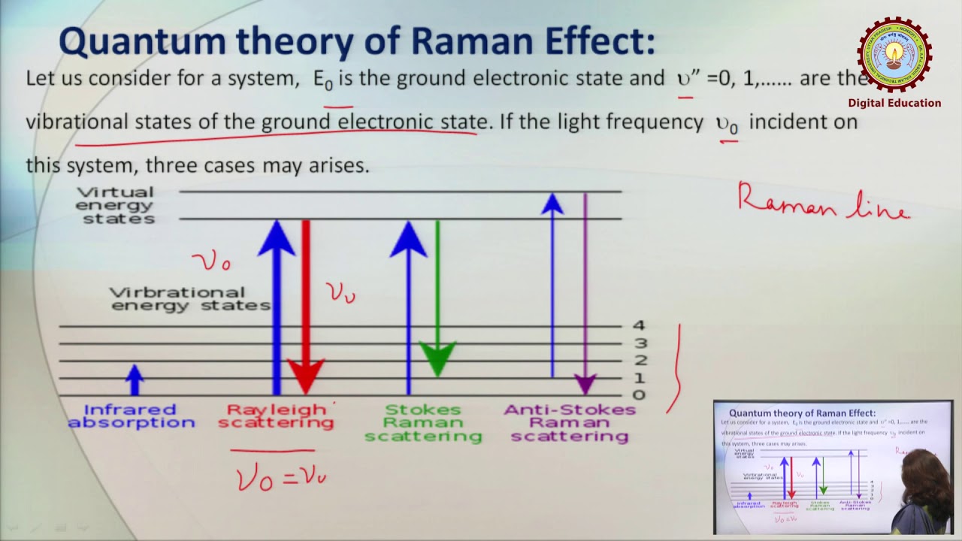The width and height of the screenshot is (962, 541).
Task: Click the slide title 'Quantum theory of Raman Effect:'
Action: (356, 42)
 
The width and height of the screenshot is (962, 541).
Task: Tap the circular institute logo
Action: (894, 54)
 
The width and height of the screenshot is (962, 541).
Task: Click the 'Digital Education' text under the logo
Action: (894, 103)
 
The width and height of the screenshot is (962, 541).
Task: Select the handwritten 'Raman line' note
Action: (823, 201)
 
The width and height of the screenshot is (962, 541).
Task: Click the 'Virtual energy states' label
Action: (116, 205)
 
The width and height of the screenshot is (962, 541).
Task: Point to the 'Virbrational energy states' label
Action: (189, 298)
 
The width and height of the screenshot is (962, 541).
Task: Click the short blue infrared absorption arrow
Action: (135, 379)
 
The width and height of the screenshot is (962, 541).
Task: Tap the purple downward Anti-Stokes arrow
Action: (585, 293)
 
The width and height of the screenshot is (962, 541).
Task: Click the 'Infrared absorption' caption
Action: (131, 416)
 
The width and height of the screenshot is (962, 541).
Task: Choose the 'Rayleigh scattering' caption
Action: (276, 416)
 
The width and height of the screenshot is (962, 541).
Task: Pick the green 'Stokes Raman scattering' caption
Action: (423, 422)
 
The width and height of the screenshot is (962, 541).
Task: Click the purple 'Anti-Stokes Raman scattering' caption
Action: (569, 422)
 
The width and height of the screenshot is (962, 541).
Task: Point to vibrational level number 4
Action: (639, 326)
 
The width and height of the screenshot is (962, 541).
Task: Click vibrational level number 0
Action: (639, 395)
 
